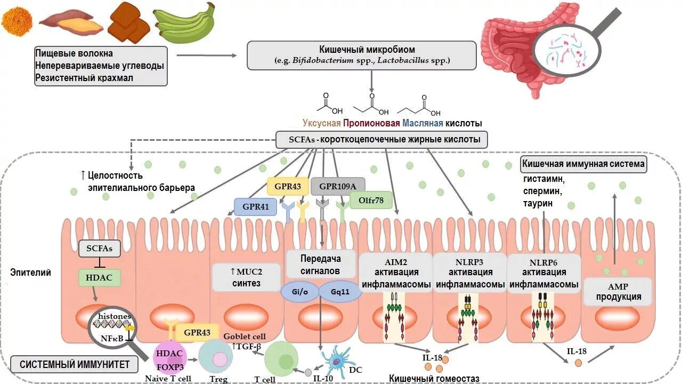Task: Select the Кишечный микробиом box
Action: pos(362,55)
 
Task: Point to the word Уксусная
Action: pos(321,123)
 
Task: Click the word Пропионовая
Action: pos(371,123)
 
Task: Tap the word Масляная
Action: pos(423,123)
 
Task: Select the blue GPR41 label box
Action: pos(255,206)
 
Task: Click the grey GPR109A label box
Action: pos(338,186)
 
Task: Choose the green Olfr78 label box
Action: pos(371,200)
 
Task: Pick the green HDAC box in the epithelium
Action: pos(99,278)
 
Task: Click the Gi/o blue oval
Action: pos(299,292)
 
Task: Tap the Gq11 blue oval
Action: pos(340,292)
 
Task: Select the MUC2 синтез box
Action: pos(246,277)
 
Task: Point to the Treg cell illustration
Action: pos(216,356)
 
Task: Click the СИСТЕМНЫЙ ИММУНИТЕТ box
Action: pos(75,364)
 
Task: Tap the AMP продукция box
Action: pos(618,292)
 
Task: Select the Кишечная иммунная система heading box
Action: pos(583,164)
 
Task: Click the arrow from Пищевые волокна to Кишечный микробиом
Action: pos(206,55)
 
